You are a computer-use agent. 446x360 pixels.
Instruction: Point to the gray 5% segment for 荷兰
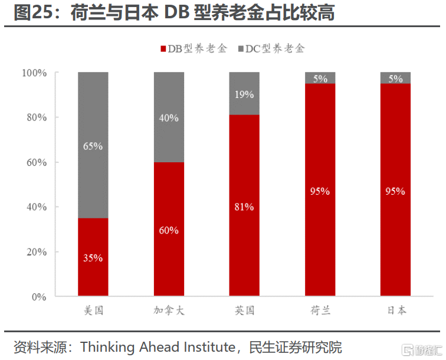[x=320, y=78]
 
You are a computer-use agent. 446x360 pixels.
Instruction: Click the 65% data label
[x=93, y=146]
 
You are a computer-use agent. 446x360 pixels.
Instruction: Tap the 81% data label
[x=244, y=207]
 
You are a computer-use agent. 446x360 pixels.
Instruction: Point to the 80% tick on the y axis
[x=34, y=117]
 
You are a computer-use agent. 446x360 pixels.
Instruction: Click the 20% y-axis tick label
[x=34, y=252]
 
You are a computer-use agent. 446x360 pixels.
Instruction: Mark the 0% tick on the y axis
[x=38, y=297]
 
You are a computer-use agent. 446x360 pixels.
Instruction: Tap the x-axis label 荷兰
[x=320, y=311]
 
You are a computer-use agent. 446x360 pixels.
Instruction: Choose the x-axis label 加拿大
[x=169, y=311]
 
